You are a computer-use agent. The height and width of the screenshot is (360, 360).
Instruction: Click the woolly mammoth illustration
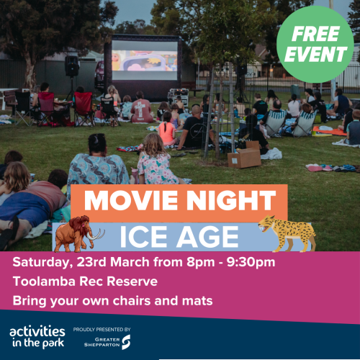tap(76, 233)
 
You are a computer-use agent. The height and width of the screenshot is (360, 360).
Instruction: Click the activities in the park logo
tap(37, 336)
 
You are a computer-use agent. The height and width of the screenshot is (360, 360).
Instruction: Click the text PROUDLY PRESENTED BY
tap(102, 329)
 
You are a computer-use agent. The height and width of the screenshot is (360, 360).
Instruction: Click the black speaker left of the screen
tap(72, 66)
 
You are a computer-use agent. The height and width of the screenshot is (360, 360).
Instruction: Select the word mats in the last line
tap(197, 300)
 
